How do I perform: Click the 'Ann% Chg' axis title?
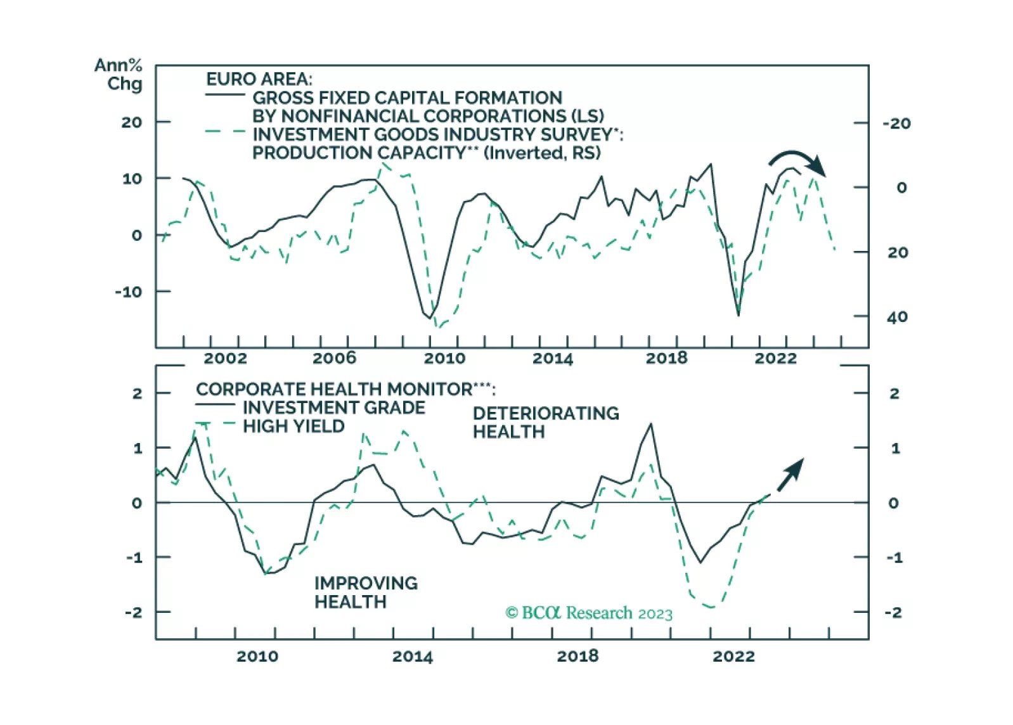point(119,74)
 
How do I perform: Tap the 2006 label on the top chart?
point(334,358)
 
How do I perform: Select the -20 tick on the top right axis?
point(896,124)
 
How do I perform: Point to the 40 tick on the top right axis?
point(897,317)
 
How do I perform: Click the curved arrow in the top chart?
point(797,162)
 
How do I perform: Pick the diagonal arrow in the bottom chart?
point(790,475)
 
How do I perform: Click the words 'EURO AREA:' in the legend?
point(259,79)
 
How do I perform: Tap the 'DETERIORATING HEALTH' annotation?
point(545,423)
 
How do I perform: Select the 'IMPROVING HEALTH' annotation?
point(366,593)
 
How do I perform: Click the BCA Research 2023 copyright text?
point(589,613)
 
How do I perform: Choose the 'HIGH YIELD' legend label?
point(294,426)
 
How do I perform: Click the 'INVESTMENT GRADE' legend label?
point(334,407)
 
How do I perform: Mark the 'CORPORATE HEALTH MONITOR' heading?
point(345,388)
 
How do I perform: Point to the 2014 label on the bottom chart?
point(412,656)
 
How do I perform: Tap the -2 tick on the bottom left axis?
point(133,612)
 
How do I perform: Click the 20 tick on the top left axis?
point(132,122)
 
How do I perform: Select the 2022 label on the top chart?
point(775,358)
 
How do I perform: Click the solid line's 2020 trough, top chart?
point(739,315)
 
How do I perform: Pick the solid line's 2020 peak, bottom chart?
point(651,424)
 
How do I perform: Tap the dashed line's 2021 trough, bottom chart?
point(711,607)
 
